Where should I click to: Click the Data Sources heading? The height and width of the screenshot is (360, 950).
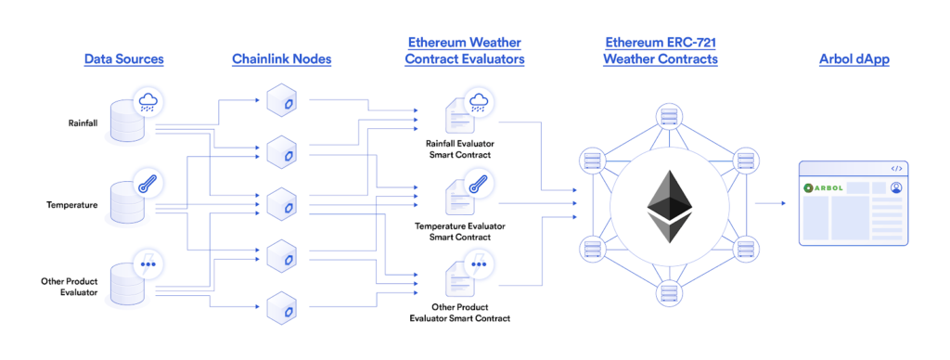click(x=123, y=59)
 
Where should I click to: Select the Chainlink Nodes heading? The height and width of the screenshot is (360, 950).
click(x=281, y=59)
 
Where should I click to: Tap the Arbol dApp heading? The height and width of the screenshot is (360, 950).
click(x=854, y=59)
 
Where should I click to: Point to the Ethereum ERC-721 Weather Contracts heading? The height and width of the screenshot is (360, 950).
click(x=660, y=51)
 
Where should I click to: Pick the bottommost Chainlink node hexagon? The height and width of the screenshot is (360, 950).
click(x=280, y=306)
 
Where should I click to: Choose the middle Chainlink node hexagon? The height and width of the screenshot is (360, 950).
click(x=280, y=202)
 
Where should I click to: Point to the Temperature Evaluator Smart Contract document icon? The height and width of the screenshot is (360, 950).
click(x=458, y=197)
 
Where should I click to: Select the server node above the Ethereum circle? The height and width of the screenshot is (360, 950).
click(x=666, y=118)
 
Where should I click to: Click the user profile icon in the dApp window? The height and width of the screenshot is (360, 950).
click(x=896, y=187)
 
